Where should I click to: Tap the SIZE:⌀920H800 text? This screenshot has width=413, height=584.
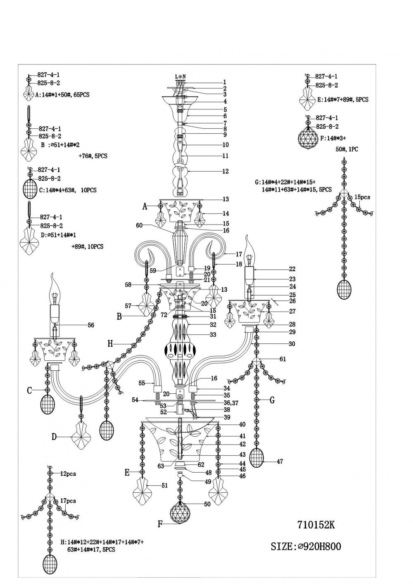306,546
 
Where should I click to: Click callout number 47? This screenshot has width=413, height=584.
280,462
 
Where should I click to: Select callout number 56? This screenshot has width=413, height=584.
90,325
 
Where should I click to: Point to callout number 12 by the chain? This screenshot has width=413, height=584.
225,171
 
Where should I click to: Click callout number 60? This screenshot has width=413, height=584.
139,225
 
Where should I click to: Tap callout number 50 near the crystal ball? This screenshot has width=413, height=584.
207,504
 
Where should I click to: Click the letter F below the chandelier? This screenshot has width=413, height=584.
160,524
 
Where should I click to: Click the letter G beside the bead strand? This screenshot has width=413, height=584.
272,400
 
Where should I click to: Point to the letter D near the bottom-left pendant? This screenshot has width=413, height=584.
54,437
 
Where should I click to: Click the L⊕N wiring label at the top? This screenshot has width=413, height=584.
180,76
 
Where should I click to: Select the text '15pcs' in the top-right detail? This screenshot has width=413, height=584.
362,197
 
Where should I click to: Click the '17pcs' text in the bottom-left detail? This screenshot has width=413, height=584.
68,501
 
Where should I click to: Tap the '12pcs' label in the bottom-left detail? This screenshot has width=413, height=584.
68,474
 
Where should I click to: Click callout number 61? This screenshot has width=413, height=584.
282,359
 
